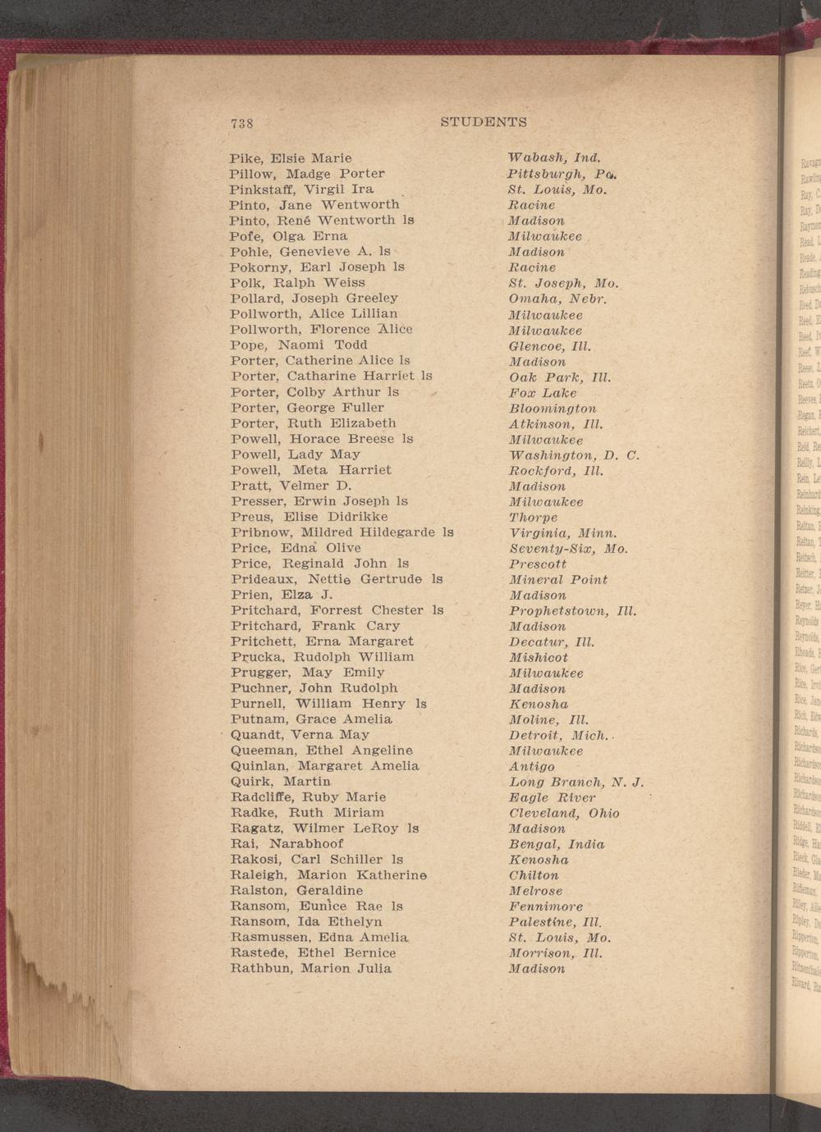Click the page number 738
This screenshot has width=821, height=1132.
[x=241, y=123]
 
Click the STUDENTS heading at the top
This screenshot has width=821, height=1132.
[x=484, y=122]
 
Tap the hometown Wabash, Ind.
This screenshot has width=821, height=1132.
[x=554, y=157]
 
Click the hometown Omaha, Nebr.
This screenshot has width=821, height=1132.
[x=557, y=299]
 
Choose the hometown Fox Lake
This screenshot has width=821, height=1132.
[x=543, y=393]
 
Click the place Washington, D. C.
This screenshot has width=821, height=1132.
[x=574, y=454]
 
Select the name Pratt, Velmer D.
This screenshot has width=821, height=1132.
[x=291, y=486]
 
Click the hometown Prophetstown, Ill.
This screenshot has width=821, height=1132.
[x=572, y=611]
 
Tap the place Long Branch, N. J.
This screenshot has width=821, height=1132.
[x=576, y=782]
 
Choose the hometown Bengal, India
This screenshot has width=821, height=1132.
[x=557, y=844]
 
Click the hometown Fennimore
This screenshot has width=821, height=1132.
[x=546, y=906]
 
